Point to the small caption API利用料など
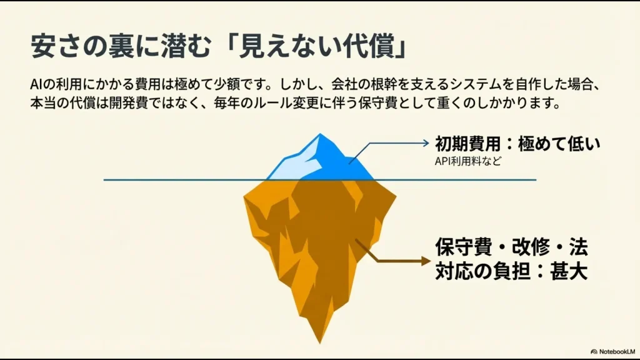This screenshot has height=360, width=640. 468,161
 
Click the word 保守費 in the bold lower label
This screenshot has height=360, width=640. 460,247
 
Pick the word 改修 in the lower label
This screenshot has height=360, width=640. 521,247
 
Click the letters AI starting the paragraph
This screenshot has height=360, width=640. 36,84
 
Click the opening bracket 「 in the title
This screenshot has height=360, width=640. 236,47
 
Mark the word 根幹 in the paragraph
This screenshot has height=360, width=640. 366,84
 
